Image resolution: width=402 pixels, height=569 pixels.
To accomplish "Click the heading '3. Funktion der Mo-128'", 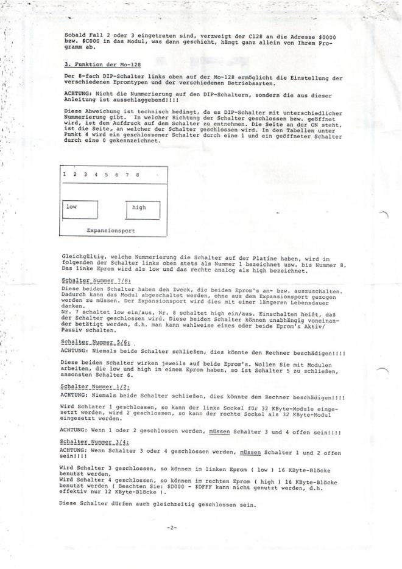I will pyautogui.click(x=94, y=64).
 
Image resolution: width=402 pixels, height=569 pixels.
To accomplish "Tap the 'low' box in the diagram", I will pyautogui.click(x=80, y=209).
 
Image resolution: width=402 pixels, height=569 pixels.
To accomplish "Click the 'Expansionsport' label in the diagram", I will pyautogui.click(x=111, y=231).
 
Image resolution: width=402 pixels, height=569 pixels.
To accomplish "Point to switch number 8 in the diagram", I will pyautogui.click(x=138, y=175).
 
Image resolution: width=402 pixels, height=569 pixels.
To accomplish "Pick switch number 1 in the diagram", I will pyautogui.click(x=65, y=175).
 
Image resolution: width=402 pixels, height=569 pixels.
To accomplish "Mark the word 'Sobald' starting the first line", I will pyautogui.click(x=74, y=37).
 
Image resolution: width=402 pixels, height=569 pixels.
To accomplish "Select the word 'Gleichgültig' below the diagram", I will pyautogui.click(x=81, y=257).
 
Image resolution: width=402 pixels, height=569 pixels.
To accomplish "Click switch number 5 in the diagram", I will pyautogui.click(x=106, y=175).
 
